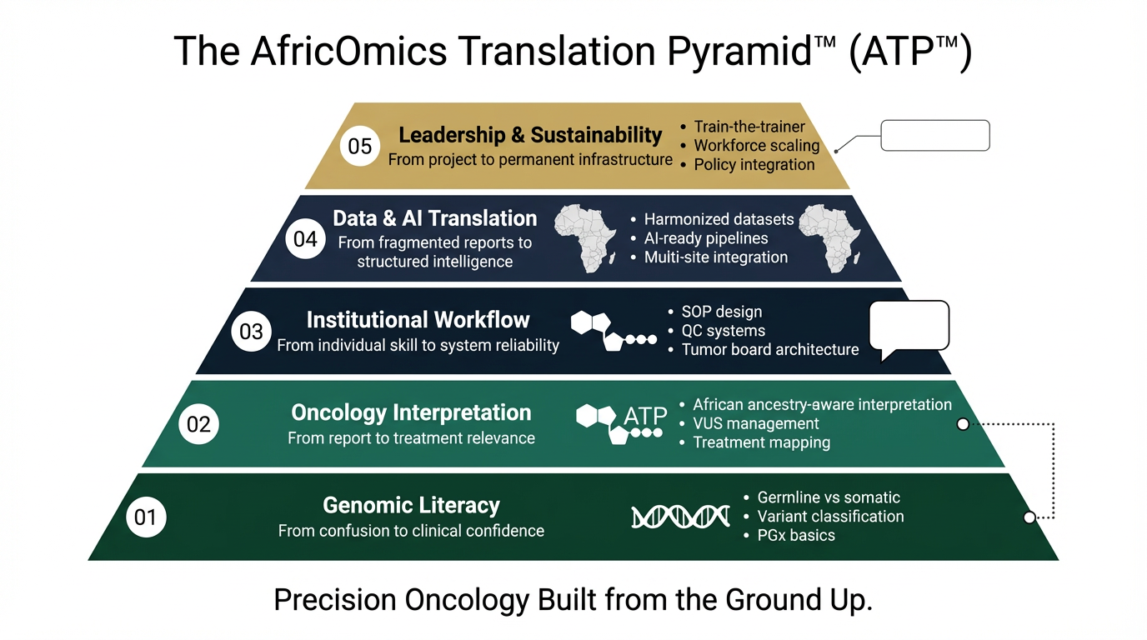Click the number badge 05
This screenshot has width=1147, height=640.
pyautogui.click(x=360, y=147)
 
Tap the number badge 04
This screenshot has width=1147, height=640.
pyautogui.click(x=305, y=239)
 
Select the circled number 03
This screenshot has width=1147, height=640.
pyautogui.click(x=251, y=332)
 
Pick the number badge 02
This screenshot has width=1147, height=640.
pyautogui.click(x=198, y=425)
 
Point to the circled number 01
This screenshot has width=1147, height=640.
pyautogui.click(x=145, y=517)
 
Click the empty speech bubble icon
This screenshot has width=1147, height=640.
pyautogui.click(x=909, y=327)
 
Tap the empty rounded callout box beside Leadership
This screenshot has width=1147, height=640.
pyautogui.click(x=934, y=136)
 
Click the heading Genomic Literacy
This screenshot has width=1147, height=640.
pyautogui.click(x=411, y=505)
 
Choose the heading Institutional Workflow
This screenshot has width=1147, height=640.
pyautogui.click(x=418, y=320)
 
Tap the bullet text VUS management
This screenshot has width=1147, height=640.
pyautogui.click(x=756, y=423)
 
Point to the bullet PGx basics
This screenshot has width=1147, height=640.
pyautogui.click(x=795, y=535)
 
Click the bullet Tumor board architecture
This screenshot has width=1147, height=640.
pyautogui.click(x=769, y=350)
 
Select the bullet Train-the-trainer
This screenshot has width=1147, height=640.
pyautogui.click(x=749, y=127)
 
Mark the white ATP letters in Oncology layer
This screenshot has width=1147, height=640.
pyautogui.click(x=645, y=415)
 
